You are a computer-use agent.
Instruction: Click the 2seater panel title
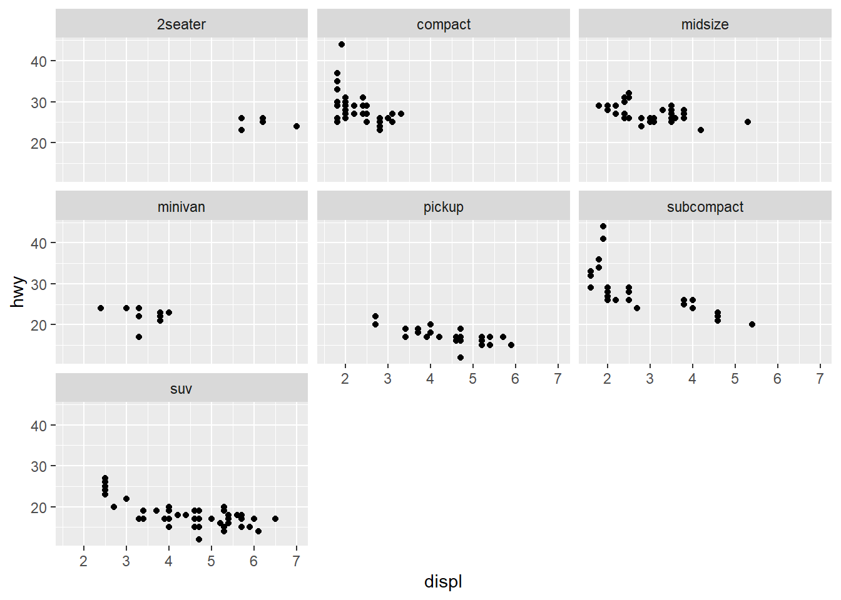click(x=181, y=24)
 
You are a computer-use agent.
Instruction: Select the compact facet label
click(x=444, y=24)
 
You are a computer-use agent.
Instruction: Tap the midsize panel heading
click(x=705, y=24)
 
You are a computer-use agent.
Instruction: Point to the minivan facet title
click(x=181, y=207)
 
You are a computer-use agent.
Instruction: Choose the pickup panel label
click(x=444, y=207)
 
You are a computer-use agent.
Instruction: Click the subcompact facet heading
click(x=705, y=207)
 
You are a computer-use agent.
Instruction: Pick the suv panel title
click(x=181, y=389)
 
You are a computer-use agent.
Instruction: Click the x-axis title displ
click(x=443, y=581)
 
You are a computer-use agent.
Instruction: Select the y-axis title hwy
click(x=18, y=292)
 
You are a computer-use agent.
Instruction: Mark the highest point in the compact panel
click(x=342, y=44)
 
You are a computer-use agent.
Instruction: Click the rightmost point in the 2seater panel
click(x=297, y=126)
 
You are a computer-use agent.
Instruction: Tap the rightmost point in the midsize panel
click(x=748, y=122)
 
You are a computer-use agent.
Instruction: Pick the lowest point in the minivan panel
click(x=139, y=337)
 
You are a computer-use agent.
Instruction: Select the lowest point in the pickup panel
click(x=461, y=357)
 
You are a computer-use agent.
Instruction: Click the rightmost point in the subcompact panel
click(x=752, y=324)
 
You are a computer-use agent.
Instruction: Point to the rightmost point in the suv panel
click(x=275, y=519)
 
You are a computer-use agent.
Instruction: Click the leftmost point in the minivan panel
click(x=101, y=308)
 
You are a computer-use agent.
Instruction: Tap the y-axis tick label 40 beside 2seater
click(x=39, y=61)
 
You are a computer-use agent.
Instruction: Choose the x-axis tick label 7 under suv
click(x=296, y=561)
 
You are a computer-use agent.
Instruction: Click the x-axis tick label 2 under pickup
click(x=345, y=379)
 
